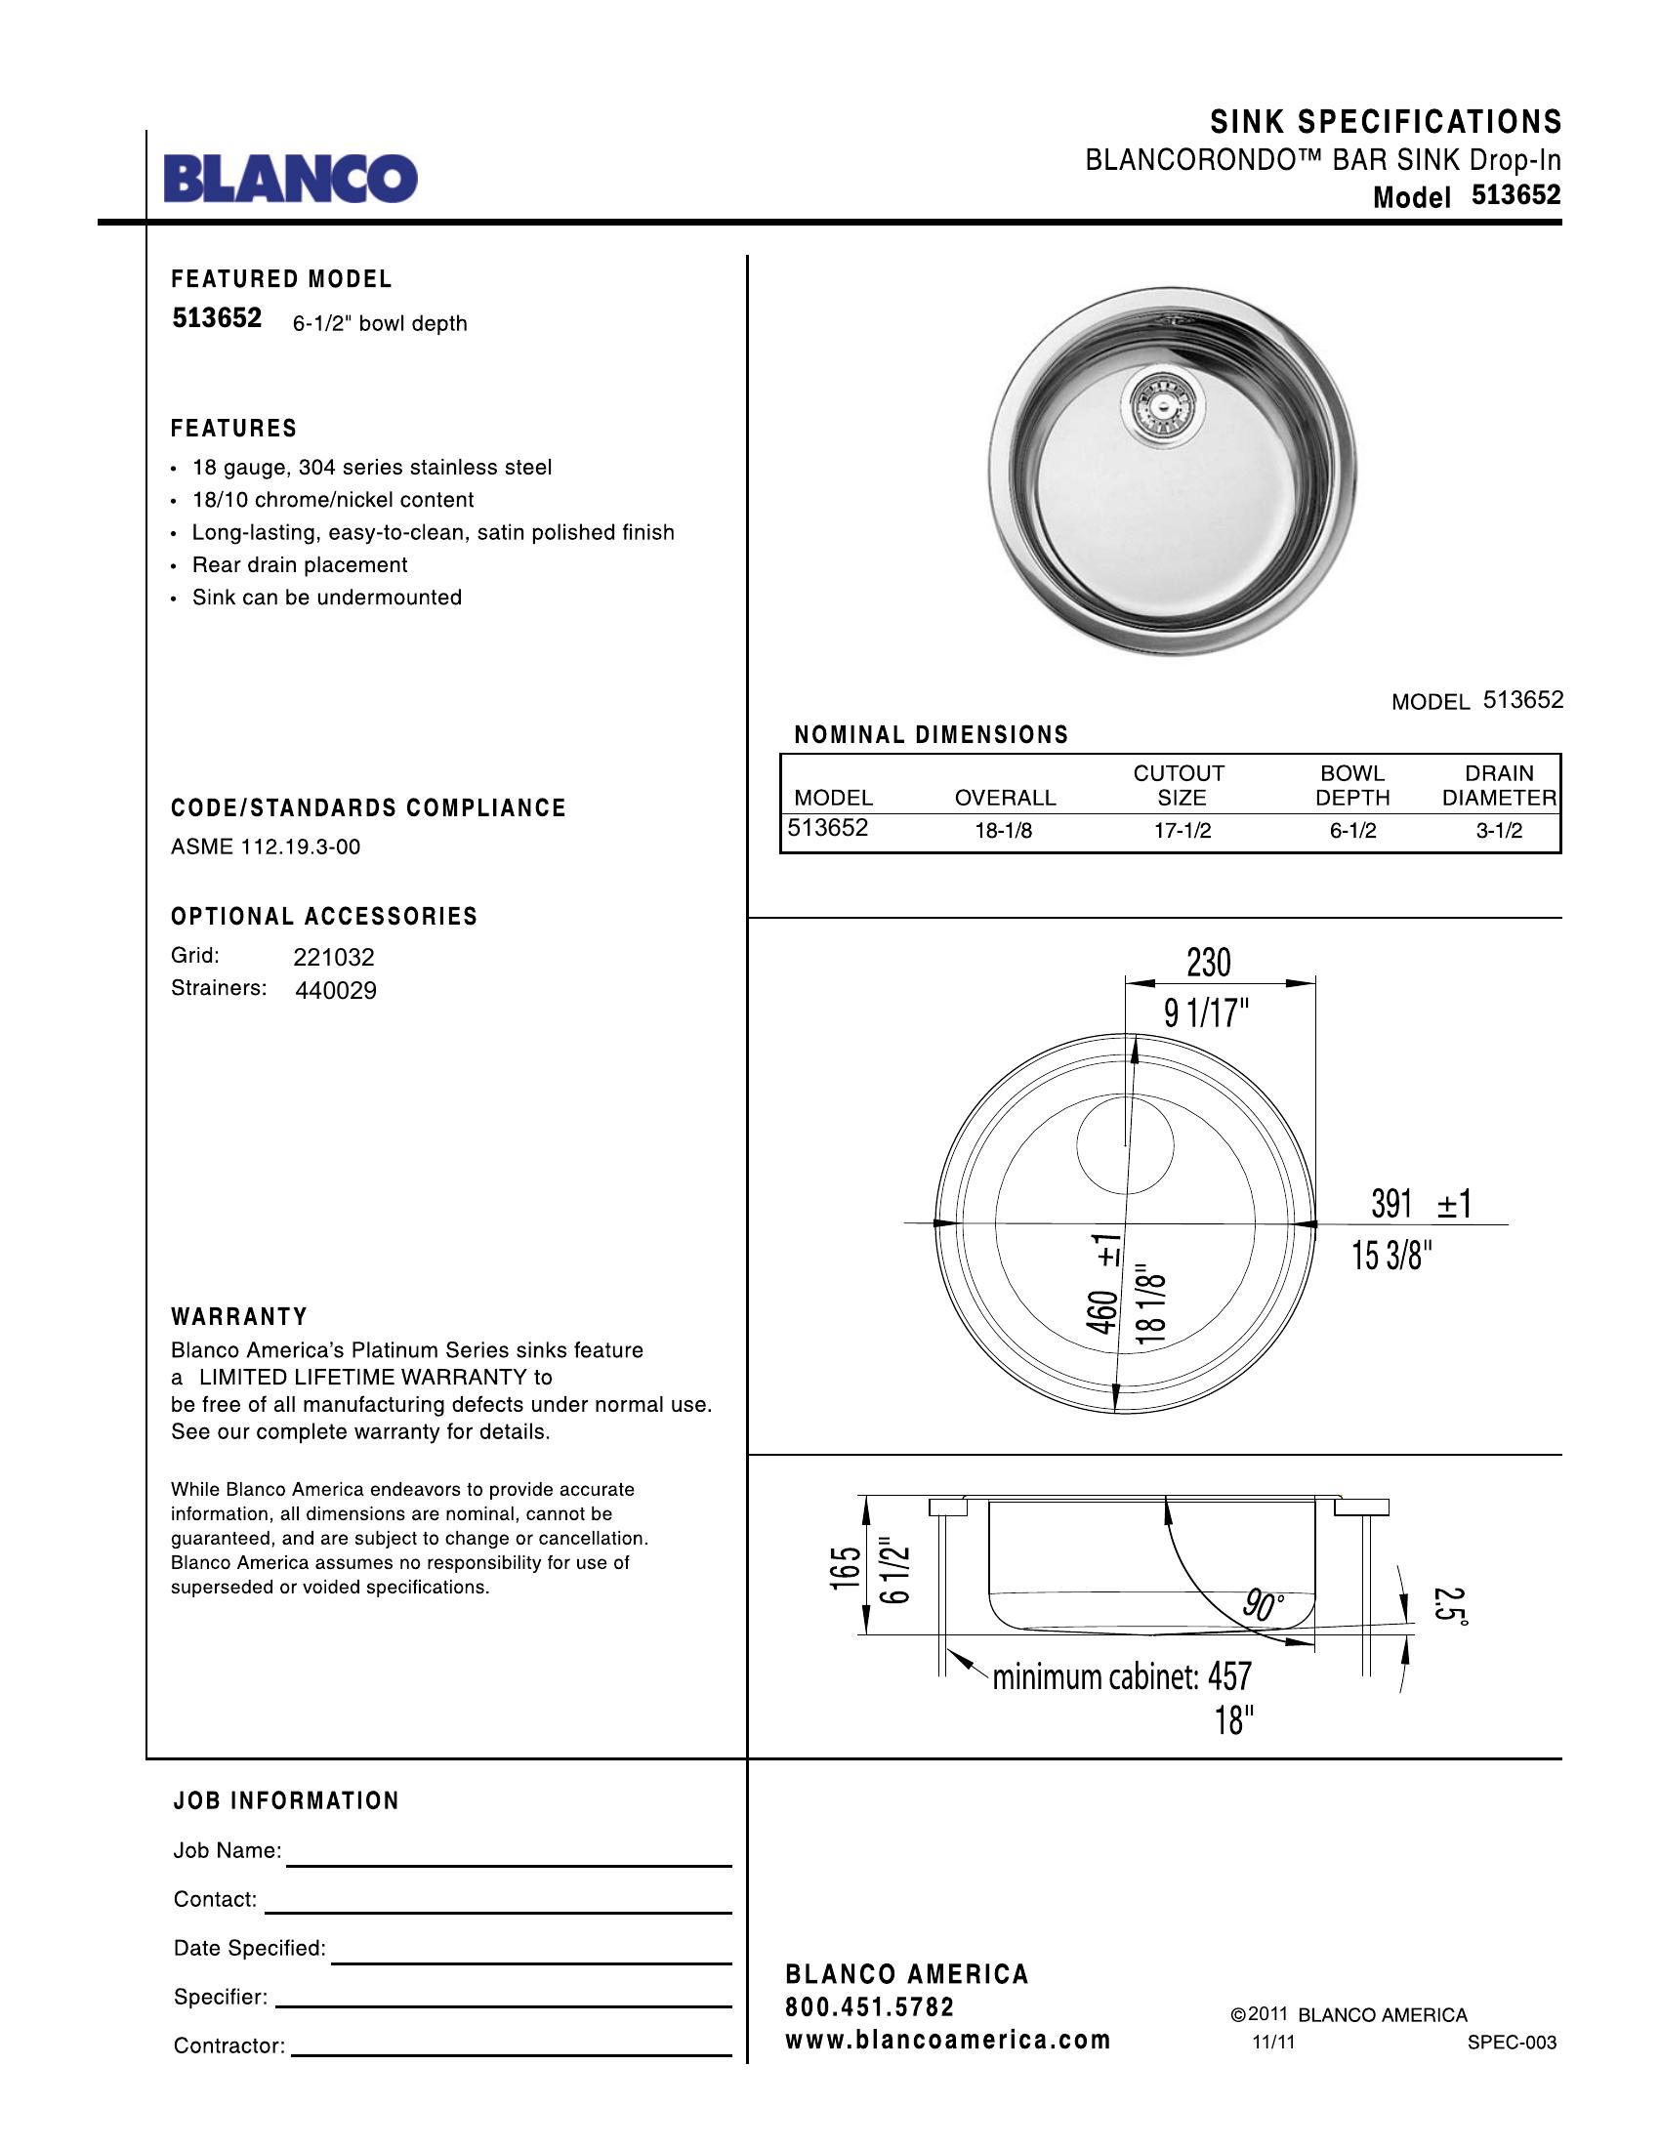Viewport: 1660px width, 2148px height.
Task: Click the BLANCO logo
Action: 290,178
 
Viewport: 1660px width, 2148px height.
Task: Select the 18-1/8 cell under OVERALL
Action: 1003,831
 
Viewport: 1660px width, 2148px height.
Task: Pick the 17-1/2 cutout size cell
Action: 1183,831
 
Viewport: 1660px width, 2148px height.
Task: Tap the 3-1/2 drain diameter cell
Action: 1499,831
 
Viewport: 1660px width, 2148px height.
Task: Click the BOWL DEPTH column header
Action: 1352,785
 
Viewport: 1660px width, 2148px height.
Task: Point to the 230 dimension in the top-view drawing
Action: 1209,963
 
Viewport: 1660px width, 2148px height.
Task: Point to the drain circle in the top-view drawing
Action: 1125,1145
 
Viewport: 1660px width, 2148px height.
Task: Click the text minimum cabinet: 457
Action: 1121,1675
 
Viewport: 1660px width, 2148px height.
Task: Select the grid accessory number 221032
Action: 333,957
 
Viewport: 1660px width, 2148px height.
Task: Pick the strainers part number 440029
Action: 335,990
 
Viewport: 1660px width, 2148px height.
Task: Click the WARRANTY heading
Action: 240,1317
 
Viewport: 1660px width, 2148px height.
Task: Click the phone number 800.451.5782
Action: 869,2006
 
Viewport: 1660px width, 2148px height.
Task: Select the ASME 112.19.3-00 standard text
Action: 266,847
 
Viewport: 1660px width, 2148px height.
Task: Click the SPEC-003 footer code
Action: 1512,2043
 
